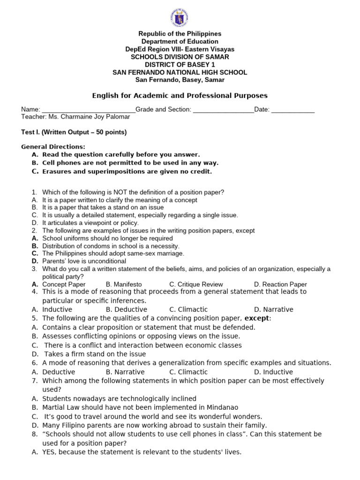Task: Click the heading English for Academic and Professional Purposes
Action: click(x=180, y=96)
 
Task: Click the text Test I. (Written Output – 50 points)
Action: click(x=74, y=132)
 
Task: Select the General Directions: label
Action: click(x=53, y=147)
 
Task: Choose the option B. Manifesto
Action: click(x=124, y=284)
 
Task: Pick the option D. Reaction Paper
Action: click(x=280, y=284)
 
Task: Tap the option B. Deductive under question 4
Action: click(x=127, y=309)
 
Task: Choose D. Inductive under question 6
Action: click(x=273, y=372)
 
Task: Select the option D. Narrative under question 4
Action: click(x=273, y=309)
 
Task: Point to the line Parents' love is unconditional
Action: click(x=84, y=261)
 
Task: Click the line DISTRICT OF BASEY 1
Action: click(x=180, y=65)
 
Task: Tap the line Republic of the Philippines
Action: click(x=180, y=34)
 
